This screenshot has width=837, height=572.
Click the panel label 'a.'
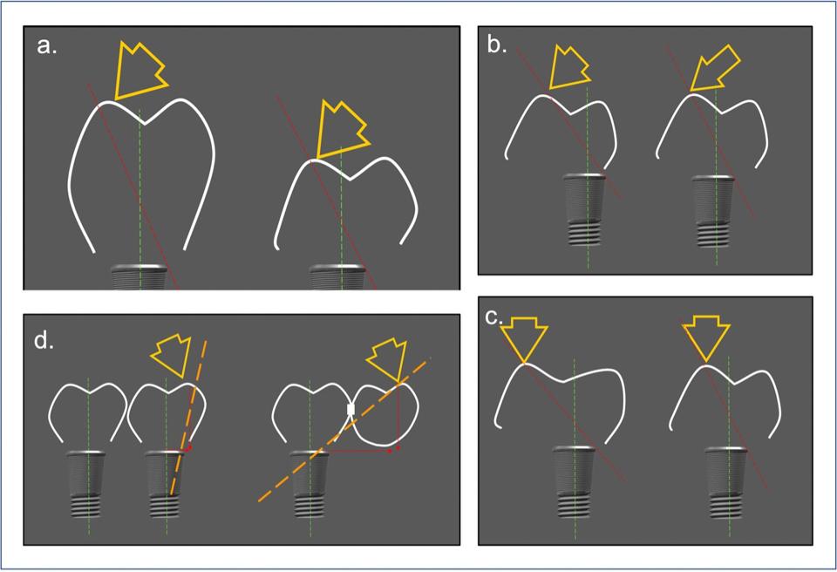click(x=47, y=46)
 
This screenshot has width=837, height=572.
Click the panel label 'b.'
click(x=497, y=45)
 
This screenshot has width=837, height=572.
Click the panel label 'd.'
click(x=44, y=340)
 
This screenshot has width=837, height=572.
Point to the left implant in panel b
click(x=585, y=209)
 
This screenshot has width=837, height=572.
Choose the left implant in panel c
click(x=574, y=481)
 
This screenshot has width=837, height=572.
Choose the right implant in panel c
click(x=726, y=483)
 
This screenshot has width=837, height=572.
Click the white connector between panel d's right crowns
click(x=350, y=410)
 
